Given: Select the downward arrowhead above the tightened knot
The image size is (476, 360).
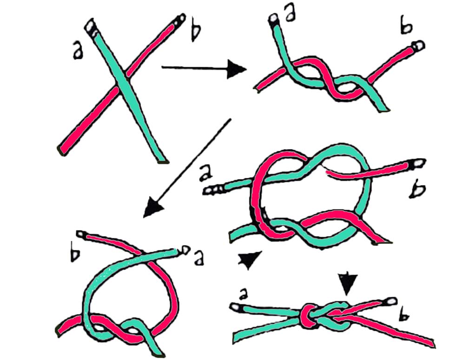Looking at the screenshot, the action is [x=347, y=283].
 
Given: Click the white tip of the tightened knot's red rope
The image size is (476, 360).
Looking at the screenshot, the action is [x=392, y=301].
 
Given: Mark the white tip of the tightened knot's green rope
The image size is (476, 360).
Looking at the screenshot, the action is [x=236, y=307].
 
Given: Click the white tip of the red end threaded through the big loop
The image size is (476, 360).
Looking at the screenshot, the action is [x=417, y=163].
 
